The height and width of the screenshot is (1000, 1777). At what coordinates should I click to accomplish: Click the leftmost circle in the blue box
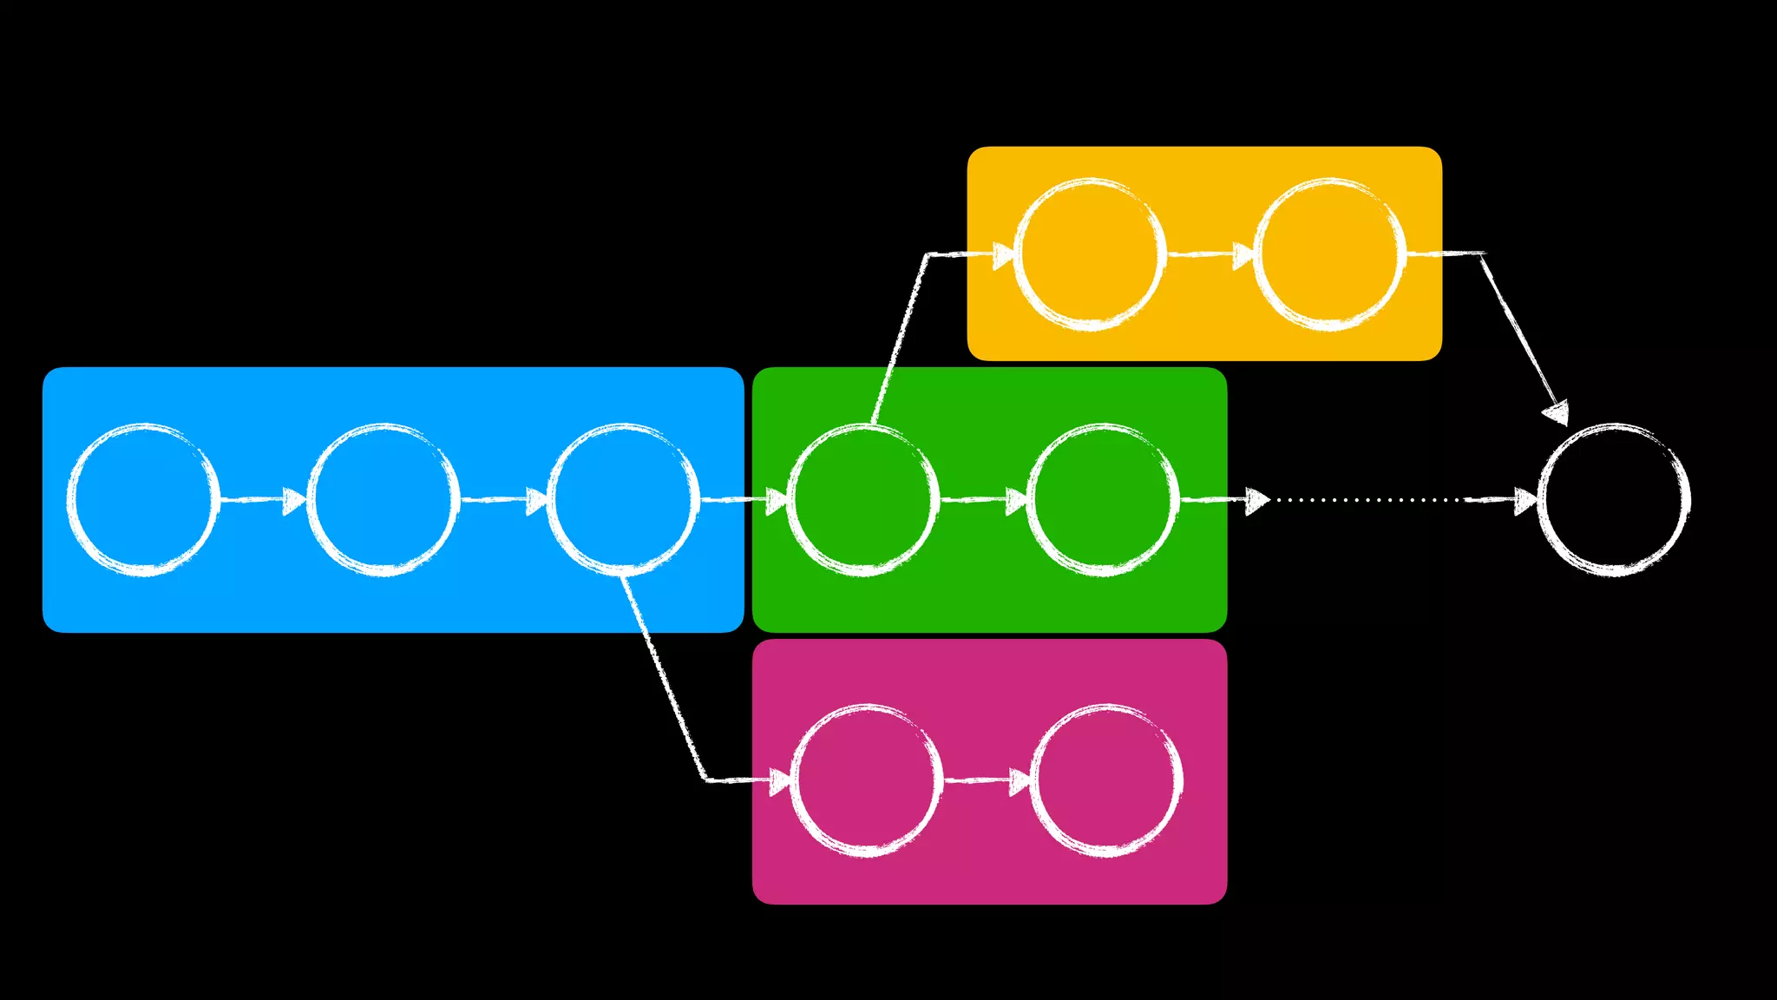coord(143,499)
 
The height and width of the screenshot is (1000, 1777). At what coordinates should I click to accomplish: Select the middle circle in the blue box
coord(383,499)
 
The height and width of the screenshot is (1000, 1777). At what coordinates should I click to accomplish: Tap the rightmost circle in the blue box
coord(623,499)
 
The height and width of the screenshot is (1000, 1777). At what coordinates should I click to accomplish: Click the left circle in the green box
coord(862,499)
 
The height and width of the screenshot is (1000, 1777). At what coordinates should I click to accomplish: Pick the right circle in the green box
coord(1103,499)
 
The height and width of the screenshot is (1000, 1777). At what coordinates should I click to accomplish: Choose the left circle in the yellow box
coord(1090,254)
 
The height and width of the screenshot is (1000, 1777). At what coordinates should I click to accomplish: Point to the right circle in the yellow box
coord(1329,254)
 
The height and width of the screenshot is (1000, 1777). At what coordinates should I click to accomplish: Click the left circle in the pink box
coord(866,780)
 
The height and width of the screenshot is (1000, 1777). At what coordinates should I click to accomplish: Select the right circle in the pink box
coord(1106,780)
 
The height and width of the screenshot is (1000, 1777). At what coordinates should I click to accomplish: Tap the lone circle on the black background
coord(1614,499)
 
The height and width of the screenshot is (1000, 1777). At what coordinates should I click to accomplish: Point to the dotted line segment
coord(1371,500)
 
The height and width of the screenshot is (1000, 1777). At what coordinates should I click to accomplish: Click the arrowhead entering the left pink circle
coord(780,781)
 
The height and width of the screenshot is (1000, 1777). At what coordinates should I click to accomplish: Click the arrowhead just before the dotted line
coord(1256,501)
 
